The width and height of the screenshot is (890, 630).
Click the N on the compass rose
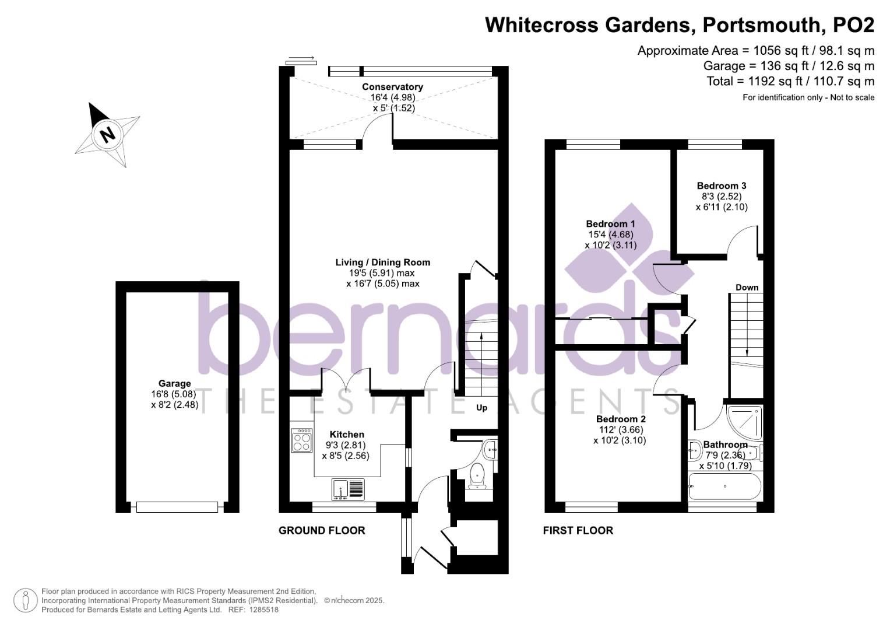coord(107,135)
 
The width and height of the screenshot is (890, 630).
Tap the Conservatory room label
coord(392,87)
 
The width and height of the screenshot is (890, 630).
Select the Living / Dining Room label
coord(382,262)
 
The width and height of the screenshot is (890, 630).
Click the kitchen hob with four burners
coord(302,440)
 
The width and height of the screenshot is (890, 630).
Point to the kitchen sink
coord(347,489)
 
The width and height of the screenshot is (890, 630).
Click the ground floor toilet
coord(478,475)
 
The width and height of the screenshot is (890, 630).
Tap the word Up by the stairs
coord(481,408)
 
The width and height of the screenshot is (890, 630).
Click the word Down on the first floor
coord(747,287)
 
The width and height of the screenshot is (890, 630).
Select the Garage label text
coord(175,383)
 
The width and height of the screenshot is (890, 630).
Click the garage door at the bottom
coord(177,507)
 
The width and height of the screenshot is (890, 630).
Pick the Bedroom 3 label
coord(722,186)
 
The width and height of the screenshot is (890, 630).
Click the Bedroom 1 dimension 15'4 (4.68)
coord(610,235)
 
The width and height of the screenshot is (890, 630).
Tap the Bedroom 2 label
coord(621,419)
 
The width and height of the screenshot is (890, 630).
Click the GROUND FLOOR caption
coord(322,530)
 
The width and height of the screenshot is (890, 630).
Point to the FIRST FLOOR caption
coord(578,530)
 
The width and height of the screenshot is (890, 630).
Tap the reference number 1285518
coord(263,610)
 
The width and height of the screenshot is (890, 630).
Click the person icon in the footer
coord(26,600)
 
